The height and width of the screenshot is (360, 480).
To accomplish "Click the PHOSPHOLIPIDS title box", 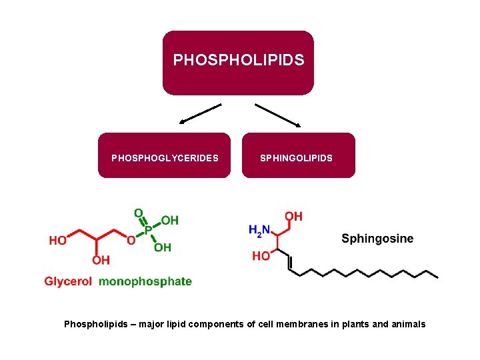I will [238, 62].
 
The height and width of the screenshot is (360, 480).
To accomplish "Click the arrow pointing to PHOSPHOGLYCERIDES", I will [199, 113].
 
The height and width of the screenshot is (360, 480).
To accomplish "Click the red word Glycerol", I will [68, 281].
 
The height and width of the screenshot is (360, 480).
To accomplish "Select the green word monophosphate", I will [145, 281].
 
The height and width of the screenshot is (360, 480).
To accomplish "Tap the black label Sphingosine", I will [377, 239].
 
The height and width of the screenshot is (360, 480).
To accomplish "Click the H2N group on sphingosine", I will [259, 231].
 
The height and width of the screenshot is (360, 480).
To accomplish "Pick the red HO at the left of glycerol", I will [57, 241].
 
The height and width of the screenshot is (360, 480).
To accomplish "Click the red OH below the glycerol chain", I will [101, 260].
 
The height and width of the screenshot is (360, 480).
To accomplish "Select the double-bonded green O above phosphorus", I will [139, 213].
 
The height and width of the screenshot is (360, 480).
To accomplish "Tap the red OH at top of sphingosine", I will [293, 216].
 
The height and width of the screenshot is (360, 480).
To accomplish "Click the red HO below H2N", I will [261, 256].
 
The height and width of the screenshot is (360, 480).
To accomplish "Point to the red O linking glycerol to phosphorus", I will [131, 241].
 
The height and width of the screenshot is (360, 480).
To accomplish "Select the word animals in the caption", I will [407, 325].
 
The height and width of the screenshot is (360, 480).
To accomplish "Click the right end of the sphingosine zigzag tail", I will [437, 276].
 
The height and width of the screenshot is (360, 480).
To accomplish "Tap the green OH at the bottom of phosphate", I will [163, 247].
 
